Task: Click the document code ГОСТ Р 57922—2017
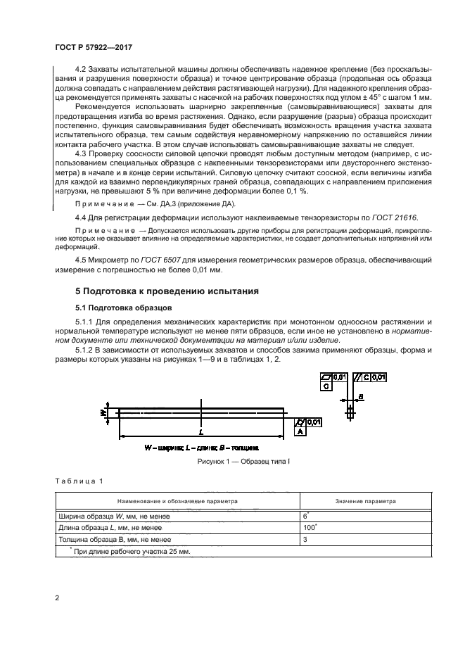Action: pos(94,46)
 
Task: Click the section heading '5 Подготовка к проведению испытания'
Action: pos(158,290)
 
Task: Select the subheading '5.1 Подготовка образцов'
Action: pos(120,308)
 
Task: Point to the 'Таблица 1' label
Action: pos(78,481)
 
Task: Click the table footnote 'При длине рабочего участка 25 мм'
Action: pos(129,552)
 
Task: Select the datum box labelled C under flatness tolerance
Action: pos(326,386)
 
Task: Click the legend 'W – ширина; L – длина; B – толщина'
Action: pos(201,447)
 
